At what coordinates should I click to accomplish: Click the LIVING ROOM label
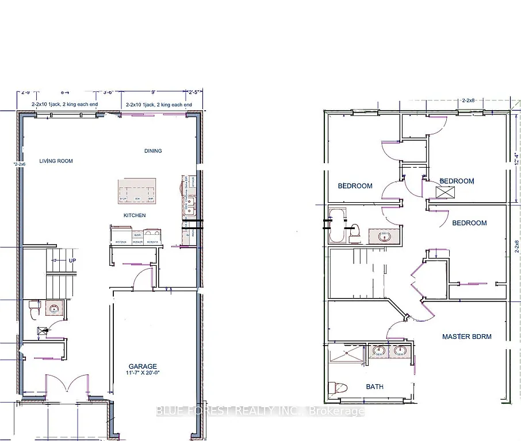pyautogui.click(x=56, y=161)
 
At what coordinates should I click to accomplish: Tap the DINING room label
pyautogui.click(x=153, y=151)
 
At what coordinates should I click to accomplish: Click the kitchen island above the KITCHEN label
pyautogui.click(x=137, y=191)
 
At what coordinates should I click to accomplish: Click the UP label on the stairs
pyautogui.click(x=72, y=260)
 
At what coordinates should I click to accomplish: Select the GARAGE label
pyautogui.click(x=143, y=366)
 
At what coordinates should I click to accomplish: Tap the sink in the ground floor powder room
pyautogui.click(x=55, y=308)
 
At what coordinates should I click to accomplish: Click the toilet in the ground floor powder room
pyautogui.click(x=33, y=308)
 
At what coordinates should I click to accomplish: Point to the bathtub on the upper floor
pyautogui.click(x=335, y=226)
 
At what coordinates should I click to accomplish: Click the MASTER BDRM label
pyautogui.click(x=466, y=336)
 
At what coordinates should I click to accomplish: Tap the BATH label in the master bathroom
pyautogui.click(x=374, y=387)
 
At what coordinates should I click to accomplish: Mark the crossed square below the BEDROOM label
pyautogui.click(x=442, y=192)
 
